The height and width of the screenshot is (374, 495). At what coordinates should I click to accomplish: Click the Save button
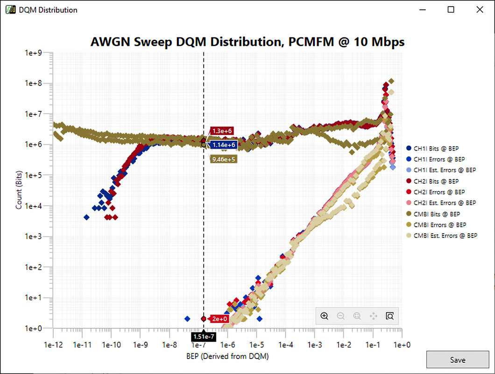pos(457,360)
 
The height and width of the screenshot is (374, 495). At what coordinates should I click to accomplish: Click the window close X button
pos(479,10)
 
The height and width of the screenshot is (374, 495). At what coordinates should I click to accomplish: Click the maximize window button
pos(451,10)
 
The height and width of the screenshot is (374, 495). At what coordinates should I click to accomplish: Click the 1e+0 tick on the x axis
pos(402,345)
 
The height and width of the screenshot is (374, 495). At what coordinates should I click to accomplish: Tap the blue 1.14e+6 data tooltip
pos(224,145)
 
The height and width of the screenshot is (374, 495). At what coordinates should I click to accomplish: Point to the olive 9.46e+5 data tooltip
pos(224,159)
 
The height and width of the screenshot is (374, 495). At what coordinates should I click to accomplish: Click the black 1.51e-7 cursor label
pos(203,336)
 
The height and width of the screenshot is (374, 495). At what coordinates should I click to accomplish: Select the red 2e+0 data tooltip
pos(219,319)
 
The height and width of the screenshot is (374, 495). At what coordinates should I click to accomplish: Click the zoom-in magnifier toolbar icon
pos(325,316)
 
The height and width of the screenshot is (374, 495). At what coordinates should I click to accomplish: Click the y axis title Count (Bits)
pos(19,190)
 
